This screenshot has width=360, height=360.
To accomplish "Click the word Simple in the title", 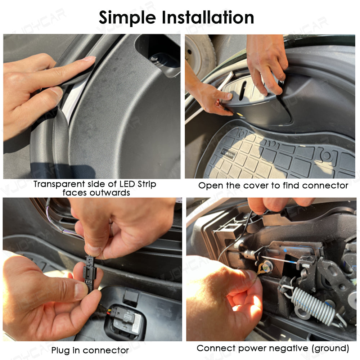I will pyautogui.click(x=127, y=17).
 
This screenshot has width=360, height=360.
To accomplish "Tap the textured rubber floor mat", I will pyautogui.click(x=274, y=155).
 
